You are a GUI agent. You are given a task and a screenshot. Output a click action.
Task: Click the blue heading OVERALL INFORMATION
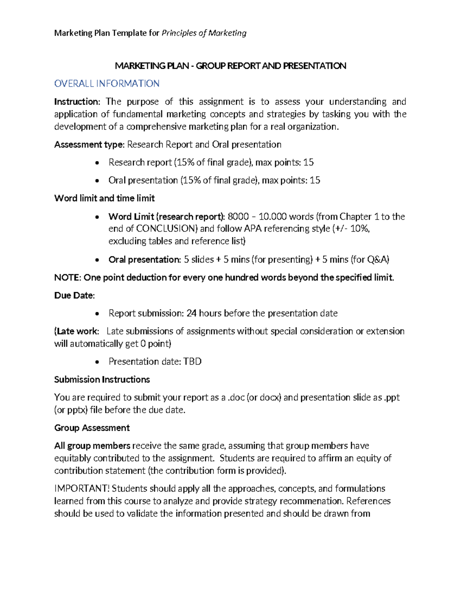point(107,83)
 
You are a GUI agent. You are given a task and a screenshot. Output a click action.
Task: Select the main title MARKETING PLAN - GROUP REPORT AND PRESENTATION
point(230,66)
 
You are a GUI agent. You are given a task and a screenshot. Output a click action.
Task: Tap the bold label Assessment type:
point(89,145)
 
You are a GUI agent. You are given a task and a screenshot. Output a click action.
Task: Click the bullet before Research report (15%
point(97,163)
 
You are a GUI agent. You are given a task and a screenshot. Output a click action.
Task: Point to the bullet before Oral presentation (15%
point(97,181)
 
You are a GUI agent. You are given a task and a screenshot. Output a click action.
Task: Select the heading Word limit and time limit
point(104,198)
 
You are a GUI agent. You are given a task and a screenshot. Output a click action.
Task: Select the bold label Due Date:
point(74,296)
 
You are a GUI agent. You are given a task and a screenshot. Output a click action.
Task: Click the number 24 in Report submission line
point(191,313)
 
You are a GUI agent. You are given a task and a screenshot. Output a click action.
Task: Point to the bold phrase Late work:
point(77,331)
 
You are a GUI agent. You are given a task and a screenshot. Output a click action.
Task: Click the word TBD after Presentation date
point(192,361)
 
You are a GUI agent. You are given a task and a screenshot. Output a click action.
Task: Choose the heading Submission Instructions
point(102,379)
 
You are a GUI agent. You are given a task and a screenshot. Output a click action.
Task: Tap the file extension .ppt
point(391,397)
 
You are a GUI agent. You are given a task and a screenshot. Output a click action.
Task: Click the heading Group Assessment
point(92,428)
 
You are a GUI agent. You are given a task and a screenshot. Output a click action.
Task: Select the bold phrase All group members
point(92,446)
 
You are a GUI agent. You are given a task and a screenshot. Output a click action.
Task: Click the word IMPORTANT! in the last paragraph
point(82,489)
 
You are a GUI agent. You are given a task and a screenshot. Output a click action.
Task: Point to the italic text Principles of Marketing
point(204,33)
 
